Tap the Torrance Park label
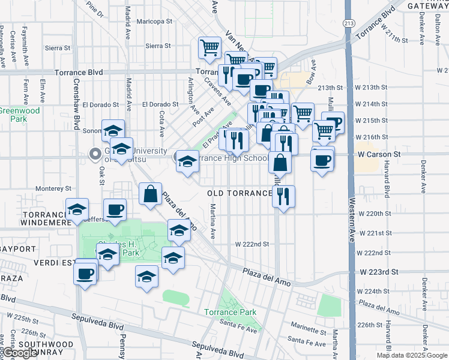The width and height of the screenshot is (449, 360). pyautogui.click(x=230, y=312)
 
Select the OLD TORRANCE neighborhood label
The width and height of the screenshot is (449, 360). pyautogui.click(x=240, y=193)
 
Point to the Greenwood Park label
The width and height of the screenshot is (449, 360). pyautogui.click(x=20, y=115)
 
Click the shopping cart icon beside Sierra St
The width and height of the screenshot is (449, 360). pyautogui.click(x=209, y=48)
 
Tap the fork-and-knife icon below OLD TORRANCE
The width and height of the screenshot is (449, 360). pyautogui.click(x=283, y=196)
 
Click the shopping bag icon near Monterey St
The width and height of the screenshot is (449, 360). pyautogui.click(x=150, y=194)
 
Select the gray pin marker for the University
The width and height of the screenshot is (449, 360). pyautogui.click(x=95, y=155)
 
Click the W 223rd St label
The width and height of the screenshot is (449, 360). pyautogui.click(x=379, y=272)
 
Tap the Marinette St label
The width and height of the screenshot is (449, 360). pyautogui.click(x=307, y=329)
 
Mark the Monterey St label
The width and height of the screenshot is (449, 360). pyautogui.click(x=53, y=188)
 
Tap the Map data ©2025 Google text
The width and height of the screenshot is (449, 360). pyautogui.click(x=411, y=355)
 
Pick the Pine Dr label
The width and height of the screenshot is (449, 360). pyautogui.click(x=95, y=7)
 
